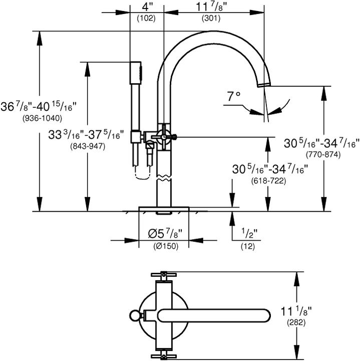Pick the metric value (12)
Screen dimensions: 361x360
click(x=248, y=246)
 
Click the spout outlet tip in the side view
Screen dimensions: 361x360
click(x=264, y=84)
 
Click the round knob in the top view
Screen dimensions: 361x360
click(x=134, y=315)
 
